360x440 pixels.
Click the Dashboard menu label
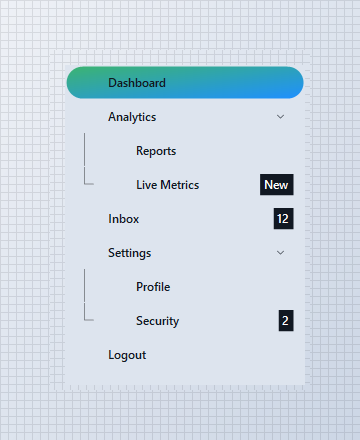point(137,83)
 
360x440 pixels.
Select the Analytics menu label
point(132,117)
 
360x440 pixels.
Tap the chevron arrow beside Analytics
point(281,117)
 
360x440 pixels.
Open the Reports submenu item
point(156,151)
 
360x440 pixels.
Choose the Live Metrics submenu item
point(168,185)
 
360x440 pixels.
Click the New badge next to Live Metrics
point(277,184)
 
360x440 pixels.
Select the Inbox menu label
point(124,219)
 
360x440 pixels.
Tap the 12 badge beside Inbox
point(284,219)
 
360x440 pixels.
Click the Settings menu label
point(130,253)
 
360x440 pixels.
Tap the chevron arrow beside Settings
point(281,253)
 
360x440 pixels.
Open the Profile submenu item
point(153,287)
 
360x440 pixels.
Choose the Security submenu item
point(158,321)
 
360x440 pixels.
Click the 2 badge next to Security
point(286,321)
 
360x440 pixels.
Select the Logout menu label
point(127,355)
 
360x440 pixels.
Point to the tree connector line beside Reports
point(85,150)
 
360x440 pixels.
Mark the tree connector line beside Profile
point(85,286)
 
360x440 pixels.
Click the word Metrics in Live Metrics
point(180,185)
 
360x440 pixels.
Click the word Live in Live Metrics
point(146,185)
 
